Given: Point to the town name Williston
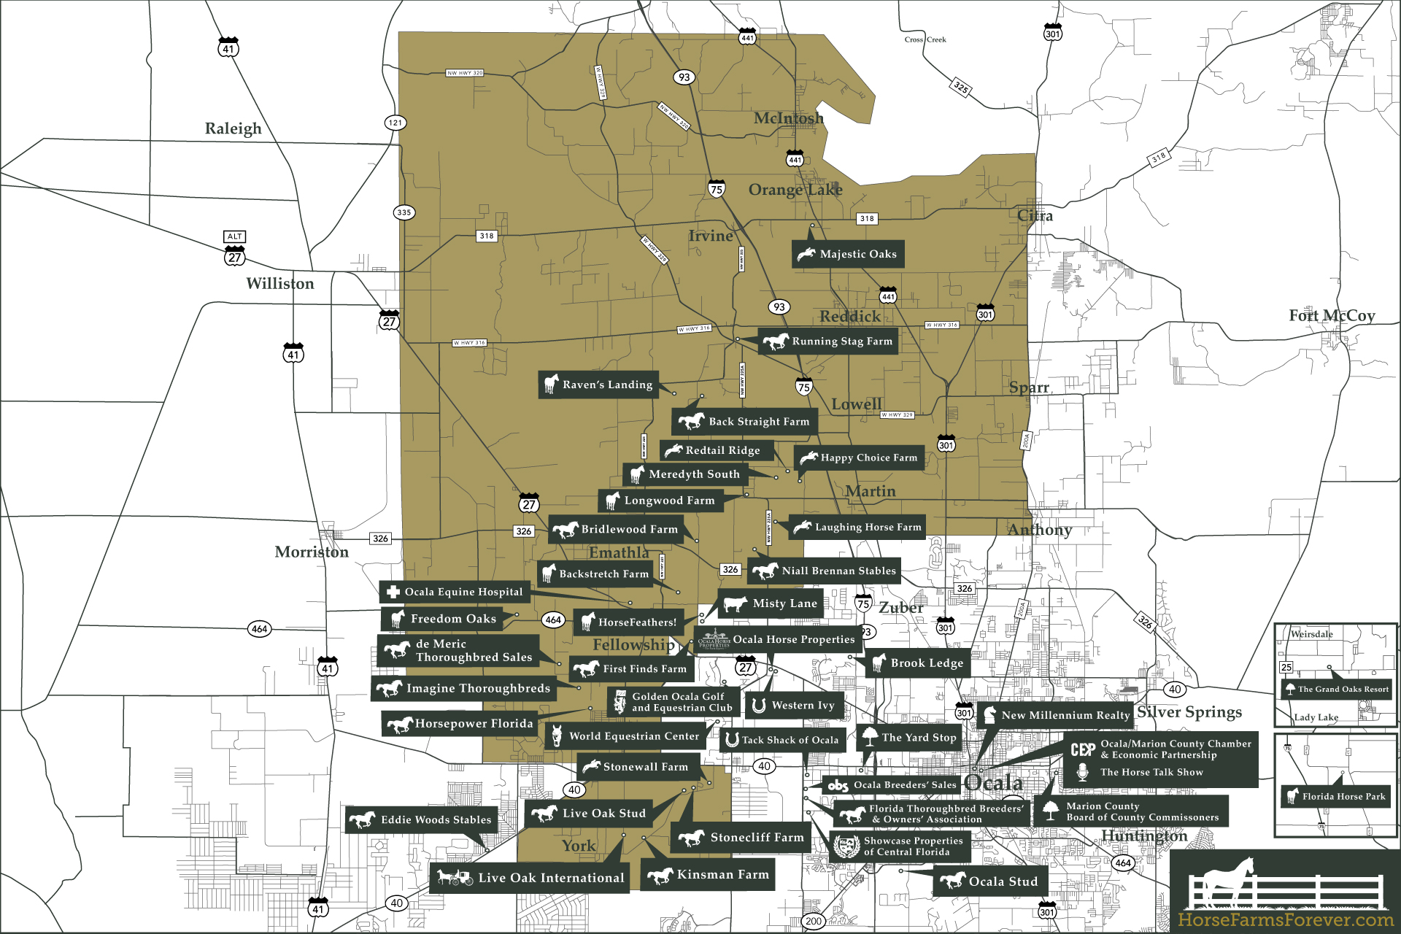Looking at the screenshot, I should point(280,284).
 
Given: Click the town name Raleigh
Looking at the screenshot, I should point(233,128).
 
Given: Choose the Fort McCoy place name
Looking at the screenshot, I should point(1332,315).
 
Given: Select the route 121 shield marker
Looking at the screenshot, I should point(395,123).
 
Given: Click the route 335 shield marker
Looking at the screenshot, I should point(404,212).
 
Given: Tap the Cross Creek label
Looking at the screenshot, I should point(925,40).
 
